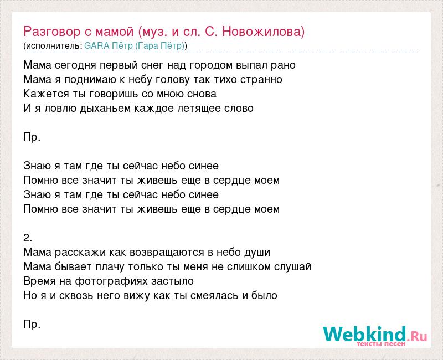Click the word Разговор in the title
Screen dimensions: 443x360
tap(52, 32)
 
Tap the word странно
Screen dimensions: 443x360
tap(261, 80)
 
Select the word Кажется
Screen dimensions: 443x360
tap(47, 94)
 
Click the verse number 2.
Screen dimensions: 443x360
tap(28, 238)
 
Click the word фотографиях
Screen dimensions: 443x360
tap(111, 281)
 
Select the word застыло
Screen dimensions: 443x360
tap(172, 281)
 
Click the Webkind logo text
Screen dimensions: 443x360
tap(375, 334)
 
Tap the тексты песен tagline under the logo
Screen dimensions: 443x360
tap(381, 344)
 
